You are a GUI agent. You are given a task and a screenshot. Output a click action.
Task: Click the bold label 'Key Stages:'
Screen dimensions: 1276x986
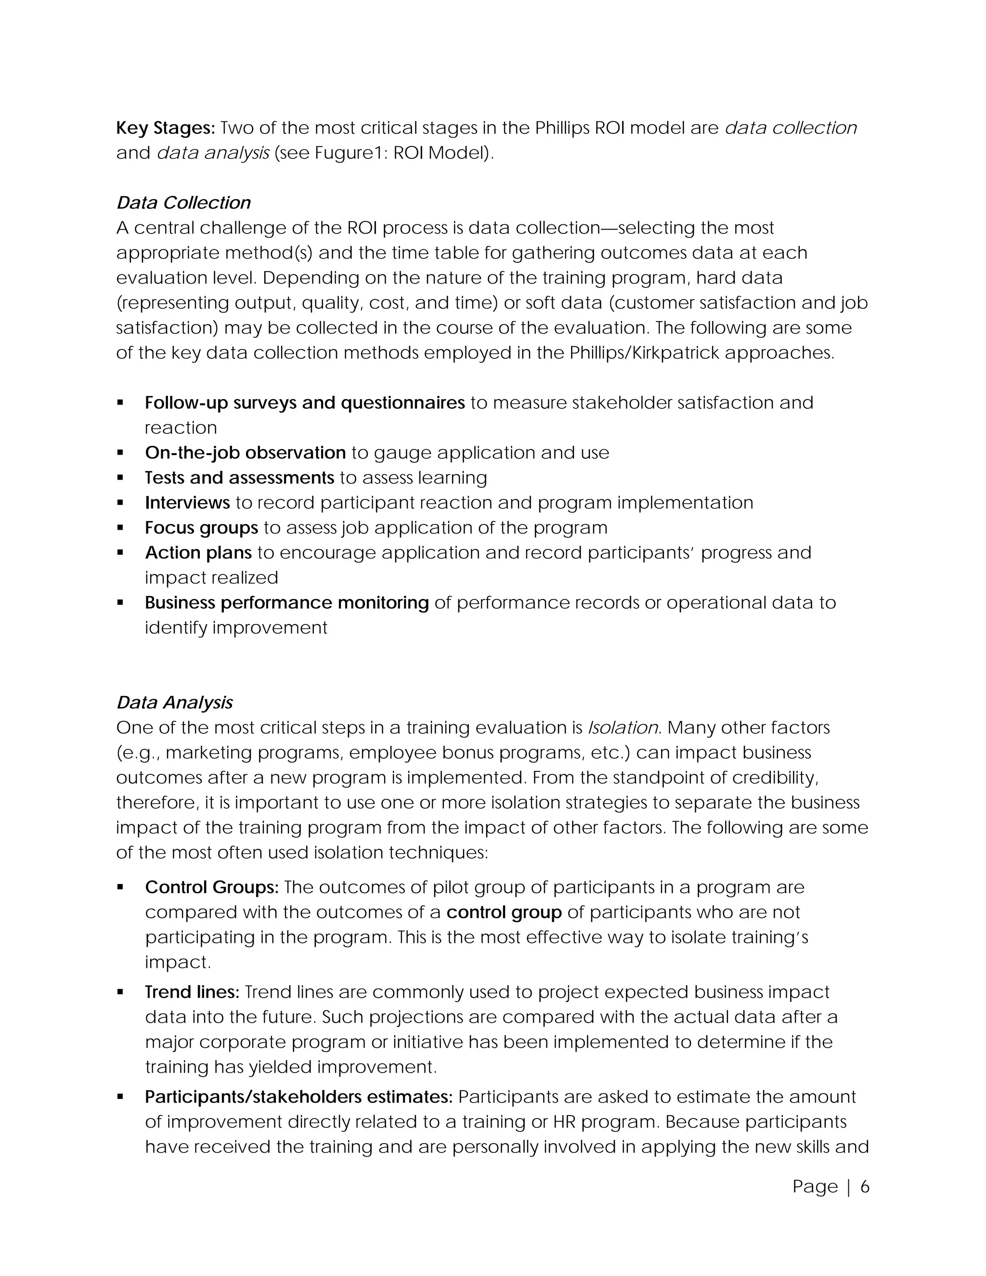[x=166, y=128]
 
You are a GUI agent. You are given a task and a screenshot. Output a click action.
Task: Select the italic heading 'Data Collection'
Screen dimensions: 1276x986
[x=183, y=203]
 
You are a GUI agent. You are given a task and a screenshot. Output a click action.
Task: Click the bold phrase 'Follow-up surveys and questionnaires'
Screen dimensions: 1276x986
[x=304, y=403]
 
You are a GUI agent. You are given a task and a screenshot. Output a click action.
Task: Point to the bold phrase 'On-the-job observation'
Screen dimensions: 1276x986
[x=246, y=453]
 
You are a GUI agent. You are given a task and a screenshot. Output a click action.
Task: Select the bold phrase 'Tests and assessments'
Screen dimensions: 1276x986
[x=239, y=478]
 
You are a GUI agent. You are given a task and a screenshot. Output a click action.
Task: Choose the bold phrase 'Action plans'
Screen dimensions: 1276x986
[x=198, y=553]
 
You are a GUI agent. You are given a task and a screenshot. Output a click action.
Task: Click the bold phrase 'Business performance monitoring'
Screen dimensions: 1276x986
[x=287, y=602]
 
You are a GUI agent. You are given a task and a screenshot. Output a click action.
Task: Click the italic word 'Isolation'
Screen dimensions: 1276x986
[x=623, y=728]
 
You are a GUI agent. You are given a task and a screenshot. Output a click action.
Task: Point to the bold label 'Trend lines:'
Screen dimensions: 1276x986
[x=192, y=991]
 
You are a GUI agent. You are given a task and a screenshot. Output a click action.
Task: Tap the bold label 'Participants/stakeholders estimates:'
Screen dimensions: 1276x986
[x=298, y=1096]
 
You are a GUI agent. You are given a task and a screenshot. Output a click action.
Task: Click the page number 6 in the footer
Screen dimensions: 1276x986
[x=865, y=1186]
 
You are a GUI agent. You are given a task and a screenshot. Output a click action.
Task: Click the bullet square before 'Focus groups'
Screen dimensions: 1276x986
[x=120, y=528]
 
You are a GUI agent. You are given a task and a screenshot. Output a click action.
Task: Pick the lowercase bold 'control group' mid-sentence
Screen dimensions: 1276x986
[x=504, y=912]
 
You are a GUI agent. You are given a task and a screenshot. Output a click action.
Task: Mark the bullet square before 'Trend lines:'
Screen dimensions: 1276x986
[x=120, y=991]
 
